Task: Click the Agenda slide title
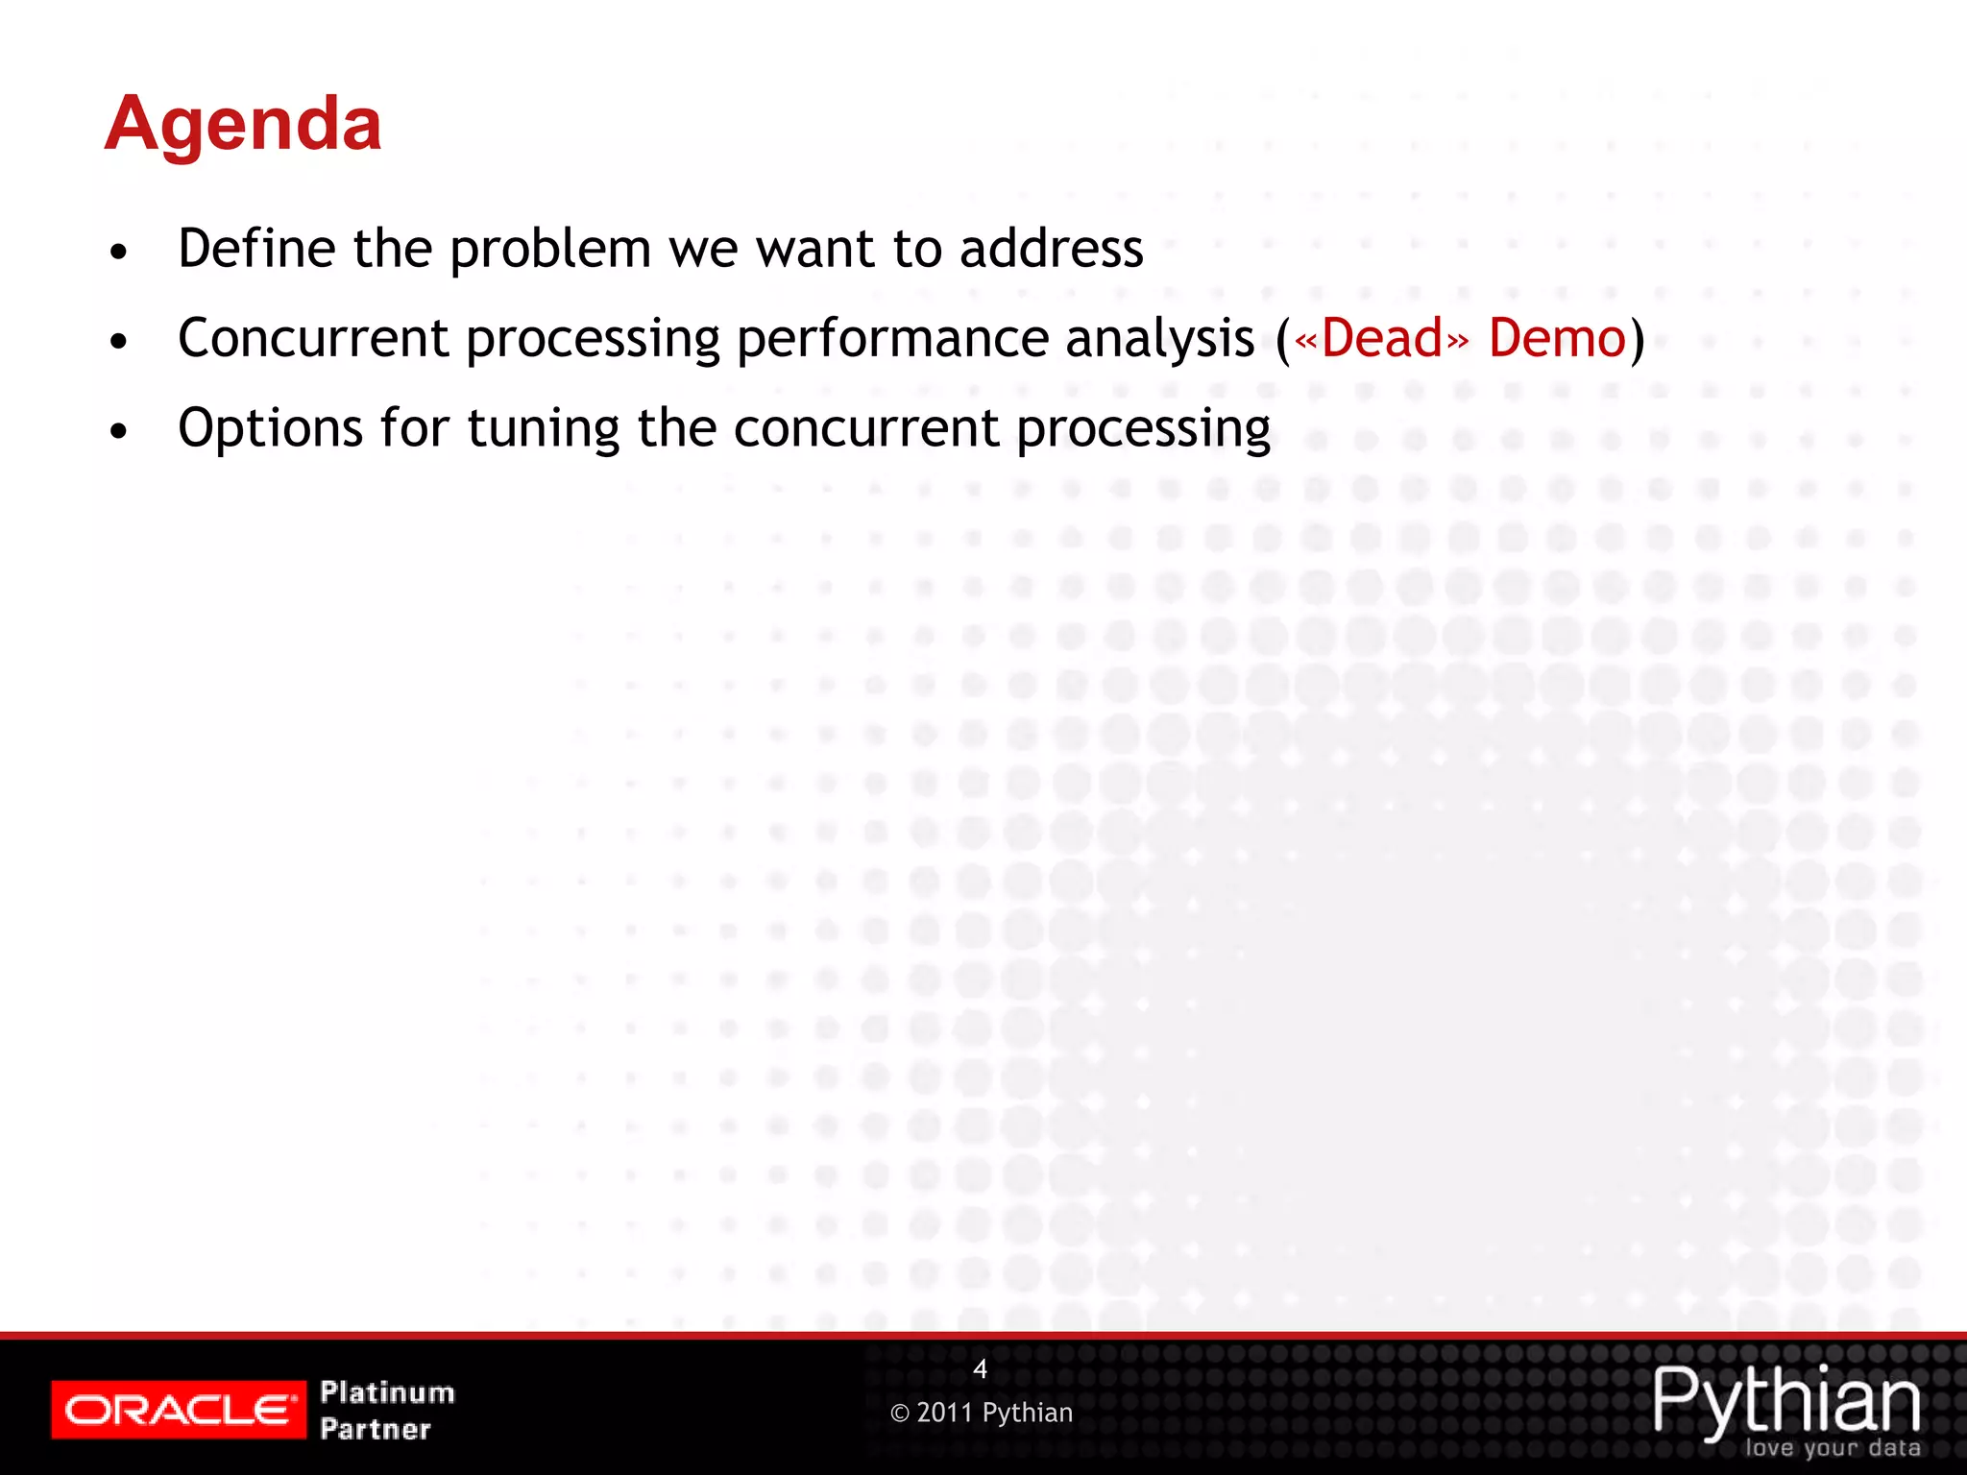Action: click(x=243, y=125)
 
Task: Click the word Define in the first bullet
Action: click(x=256, y=249)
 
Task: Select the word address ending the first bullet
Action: click(x=1051, y=249)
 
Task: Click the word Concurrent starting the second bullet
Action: click(x=313, y=339)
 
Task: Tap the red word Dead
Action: click(x=1381, y=339)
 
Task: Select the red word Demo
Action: click(x=1556, y=339)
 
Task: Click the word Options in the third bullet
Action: click(x=270, y=429)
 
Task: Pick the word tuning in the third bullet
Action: click(x=544, y=429)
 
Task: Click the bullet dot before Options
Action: click(x=118, y=432)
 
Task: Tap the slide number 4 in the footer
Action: click(x=980, y=1369)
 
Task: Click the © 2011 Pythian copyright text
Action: click(x=981, y=1413)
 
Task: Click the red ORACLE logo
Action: click(x=179, y=1410)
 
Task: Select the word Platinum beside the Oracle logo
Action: click(x=387, y=1392)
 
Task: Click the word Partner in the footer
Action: click(x=376, y=1429)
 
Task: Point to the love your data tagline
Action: click(x=1832, y=1448)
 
